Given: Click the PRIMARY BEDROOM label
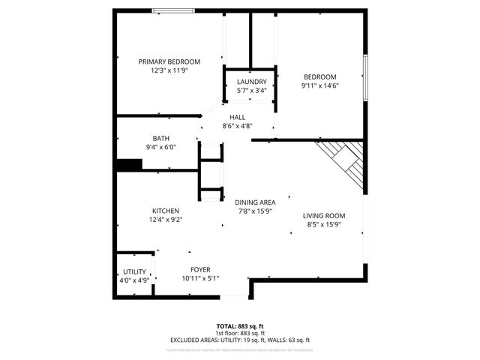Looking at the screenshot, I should [x=169, y=61].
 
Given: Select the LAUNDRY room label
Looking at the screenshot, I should [x=251, y=82].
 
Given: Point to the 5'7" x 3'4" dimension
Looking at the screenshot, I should [x=251, y=90].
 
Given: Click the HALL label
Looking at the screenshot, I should [x=237, y=117].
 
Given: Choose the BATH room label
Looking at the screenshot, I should [x=161, y=138].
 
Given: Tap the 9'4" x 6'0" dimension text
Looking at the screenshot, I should [x=161, y=147].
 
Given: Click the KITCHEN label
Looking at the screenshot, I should [x=165, y=211].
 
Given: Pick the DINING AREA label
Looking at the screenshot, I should [x=255, y=202].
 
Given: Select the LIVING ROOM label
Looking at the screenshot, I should [x=324, y=216].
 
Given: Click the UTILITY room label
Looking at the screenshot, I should [x=135, y=271].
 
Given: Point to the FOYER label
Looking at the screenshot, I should [x=200, y=269].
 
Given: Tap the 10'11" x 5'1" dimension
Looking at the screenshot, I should [x=200, y=278].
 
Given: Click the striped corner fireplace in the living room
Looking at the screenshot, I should [x=344, y=162].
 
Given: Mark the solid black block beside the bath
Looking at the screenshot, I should [x=130, y=165].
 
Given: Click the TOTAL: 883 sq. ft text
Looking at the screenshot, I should [x=240, y=326].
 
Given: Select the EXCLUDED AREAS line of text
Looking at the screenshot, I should [x=240, y=340].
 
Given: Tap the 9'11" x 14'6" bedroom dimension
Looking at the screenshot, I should [x=319, y=85].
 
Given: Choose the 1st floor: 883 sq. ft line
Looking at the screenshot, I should [x=240, y=333].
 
